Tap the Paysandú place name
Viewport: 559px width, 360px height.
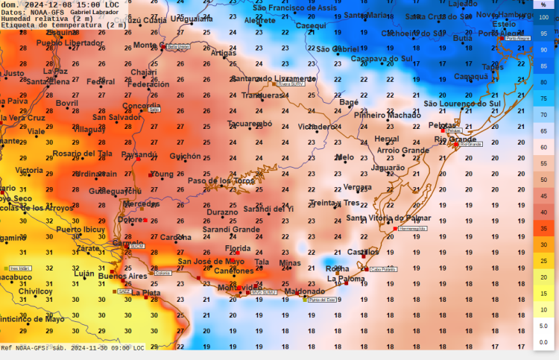tap(139, 155)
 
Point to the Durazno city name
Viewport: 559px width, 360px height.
tap(222, 212)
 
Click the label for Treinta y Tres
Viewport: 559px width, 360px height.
tap(334, 203)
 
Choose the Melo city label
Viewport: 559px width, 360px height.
tap(344, 157)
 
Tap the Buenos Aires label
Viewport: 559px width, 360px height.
tap(122, 276)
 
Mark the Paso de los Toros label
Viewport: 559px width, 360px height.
tap(221, 181)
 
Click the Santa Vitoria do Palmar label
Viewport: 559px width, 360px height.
tap(388, 218)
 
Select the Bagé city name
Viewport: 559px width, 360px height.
tap(349, 102)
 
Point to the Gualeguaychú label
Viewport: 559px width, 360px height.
tap(115, 191)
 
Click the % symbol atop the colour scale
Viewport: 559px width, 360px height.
tap(543, 4)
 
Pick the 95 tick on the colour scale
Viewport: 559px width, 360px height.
tap(543, 34)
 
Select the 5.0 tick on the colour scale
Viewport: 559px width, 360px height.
tap(543, 326)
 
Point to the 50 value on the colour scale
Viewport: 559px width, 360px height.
tap(543, 180)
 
